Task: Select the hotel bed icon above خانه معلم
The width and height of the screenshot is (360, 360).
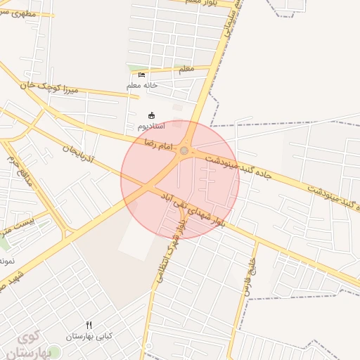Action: pos(142,75)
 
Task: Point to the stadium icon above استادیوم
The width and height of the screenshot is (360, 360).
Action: pos(151,115)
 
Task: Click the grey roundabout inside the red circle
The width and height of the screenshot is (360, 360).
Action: pos(184,150)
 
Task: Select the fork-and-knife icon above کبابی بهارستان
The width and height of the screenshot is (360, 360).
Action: pos(89,325)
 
